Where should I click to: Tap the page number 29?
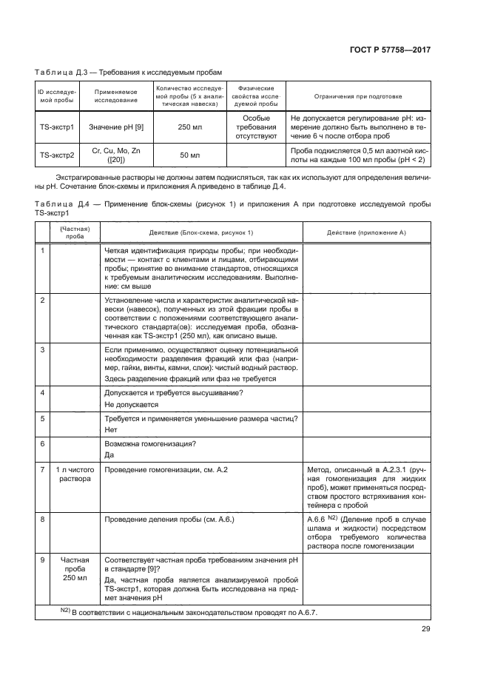point(425,629)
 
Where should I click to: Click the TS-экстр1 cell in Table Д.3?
point(57,127)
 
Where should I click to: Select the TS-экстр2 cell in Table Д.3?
point(57,155)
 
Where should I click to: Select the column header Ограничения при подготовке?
point(358,96)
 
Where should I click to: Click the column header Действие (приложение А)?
point(367,232)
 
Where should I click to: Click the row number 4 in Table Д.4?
point(43,392)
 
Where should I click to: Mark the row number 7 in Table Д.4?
point(43,470)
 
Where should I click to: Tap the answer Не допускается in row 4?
point(132,405)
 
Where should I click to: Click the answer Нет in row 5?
point(112,429)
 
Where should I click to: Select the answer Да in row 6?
point(110,454)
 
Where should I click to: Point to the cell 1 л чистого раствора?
point(75,474)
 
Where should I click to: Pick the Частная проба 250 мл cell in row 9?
point(75,570)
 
